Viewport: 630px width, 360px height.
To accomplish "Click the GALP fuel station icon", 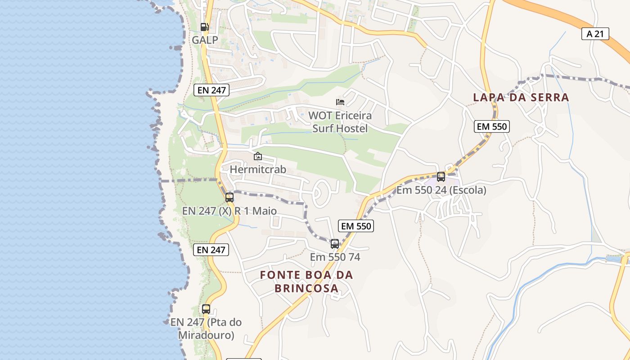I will coord(205,27).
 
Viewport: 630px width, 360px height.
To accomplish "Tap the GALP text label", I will coord(205,40).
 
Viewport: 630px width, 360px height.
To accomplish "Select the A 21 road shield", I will coord(595,34).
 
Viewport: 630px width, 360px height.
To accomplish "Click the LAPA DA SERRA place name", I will coord(521,97).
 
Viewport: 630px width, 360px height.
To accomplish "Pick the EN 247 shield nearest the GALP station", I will coord(211,90).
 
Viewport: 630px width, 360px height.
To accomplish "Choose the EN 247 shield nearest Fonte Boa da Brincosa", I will coord(211,250).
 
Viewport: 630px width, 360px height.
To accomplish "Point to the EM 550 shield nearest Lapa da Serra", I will coord(492,127).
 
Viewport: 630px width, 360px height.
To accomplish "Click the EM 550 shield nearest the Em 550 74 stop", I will coord(356,226).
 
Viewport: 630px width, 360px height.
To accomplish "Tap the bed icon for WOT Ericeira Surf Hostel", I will coord(340,102).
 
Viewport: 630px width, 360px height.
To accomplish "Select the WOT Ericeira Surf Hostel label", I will coord(340,122).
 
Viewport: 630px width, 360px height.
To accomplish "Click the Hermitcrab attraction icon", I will coord(258,157).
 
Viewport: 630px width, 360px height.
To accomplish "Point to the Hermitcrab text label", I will coord(258,170).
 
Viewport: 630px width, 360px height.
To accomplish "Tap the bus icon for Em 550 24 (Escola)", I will coord(441,177).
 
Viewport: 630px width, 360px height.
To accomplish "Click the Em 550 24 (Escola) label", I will coord(441,190).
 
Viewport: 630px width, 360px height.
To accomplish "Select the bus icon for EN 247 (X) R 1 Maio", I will coord(229,198).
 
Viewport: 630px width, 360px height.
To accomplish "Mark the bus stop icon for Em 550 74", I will coord(335,244).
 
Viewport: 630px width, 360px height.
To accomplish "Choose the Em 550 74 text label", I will coord(335,257).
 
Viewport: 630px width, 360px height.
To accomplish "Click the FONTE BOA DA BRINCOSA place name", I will coord(306,281).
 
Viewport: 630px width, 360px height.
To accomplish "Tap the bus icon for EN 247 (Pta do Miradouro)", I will coord(206,309).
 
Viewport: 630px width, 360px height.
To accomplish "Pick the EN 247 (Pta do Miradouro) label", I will coord(206,328).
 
